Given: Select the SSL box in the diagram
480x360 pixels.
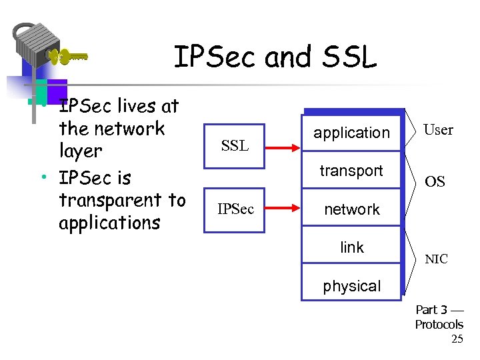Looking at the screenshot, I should pos(234,145).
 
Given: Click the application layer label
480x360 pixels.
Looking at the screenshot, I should pos(351,133).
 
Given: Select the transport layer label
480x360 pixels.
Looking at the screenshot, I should pos(351,171).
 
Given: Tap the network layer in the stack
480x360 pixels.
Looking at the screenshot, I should pos(351,209).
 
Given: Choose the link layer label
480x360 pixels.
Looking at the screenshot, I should pos(351,247).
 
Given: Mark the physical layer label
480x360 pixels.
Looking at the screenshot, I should pos(351,286).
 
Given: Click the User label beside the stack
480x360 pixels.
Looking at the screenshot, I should pos(438,130).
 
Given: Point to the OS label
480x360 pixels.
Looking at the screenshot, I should pos(435,182).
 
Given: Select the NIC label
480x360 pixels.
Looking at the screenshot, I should pos(437,259).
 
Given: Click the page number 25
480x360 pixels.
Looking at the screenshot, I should pos(457,339).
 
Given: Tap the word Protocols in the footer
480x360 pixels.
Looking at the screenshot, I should pos(439,325).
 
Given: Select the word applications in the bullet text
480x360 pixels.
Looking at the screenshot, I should pos(109,223).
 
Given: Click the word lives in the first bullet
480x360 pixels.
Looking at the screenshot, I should pos(139,106).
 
